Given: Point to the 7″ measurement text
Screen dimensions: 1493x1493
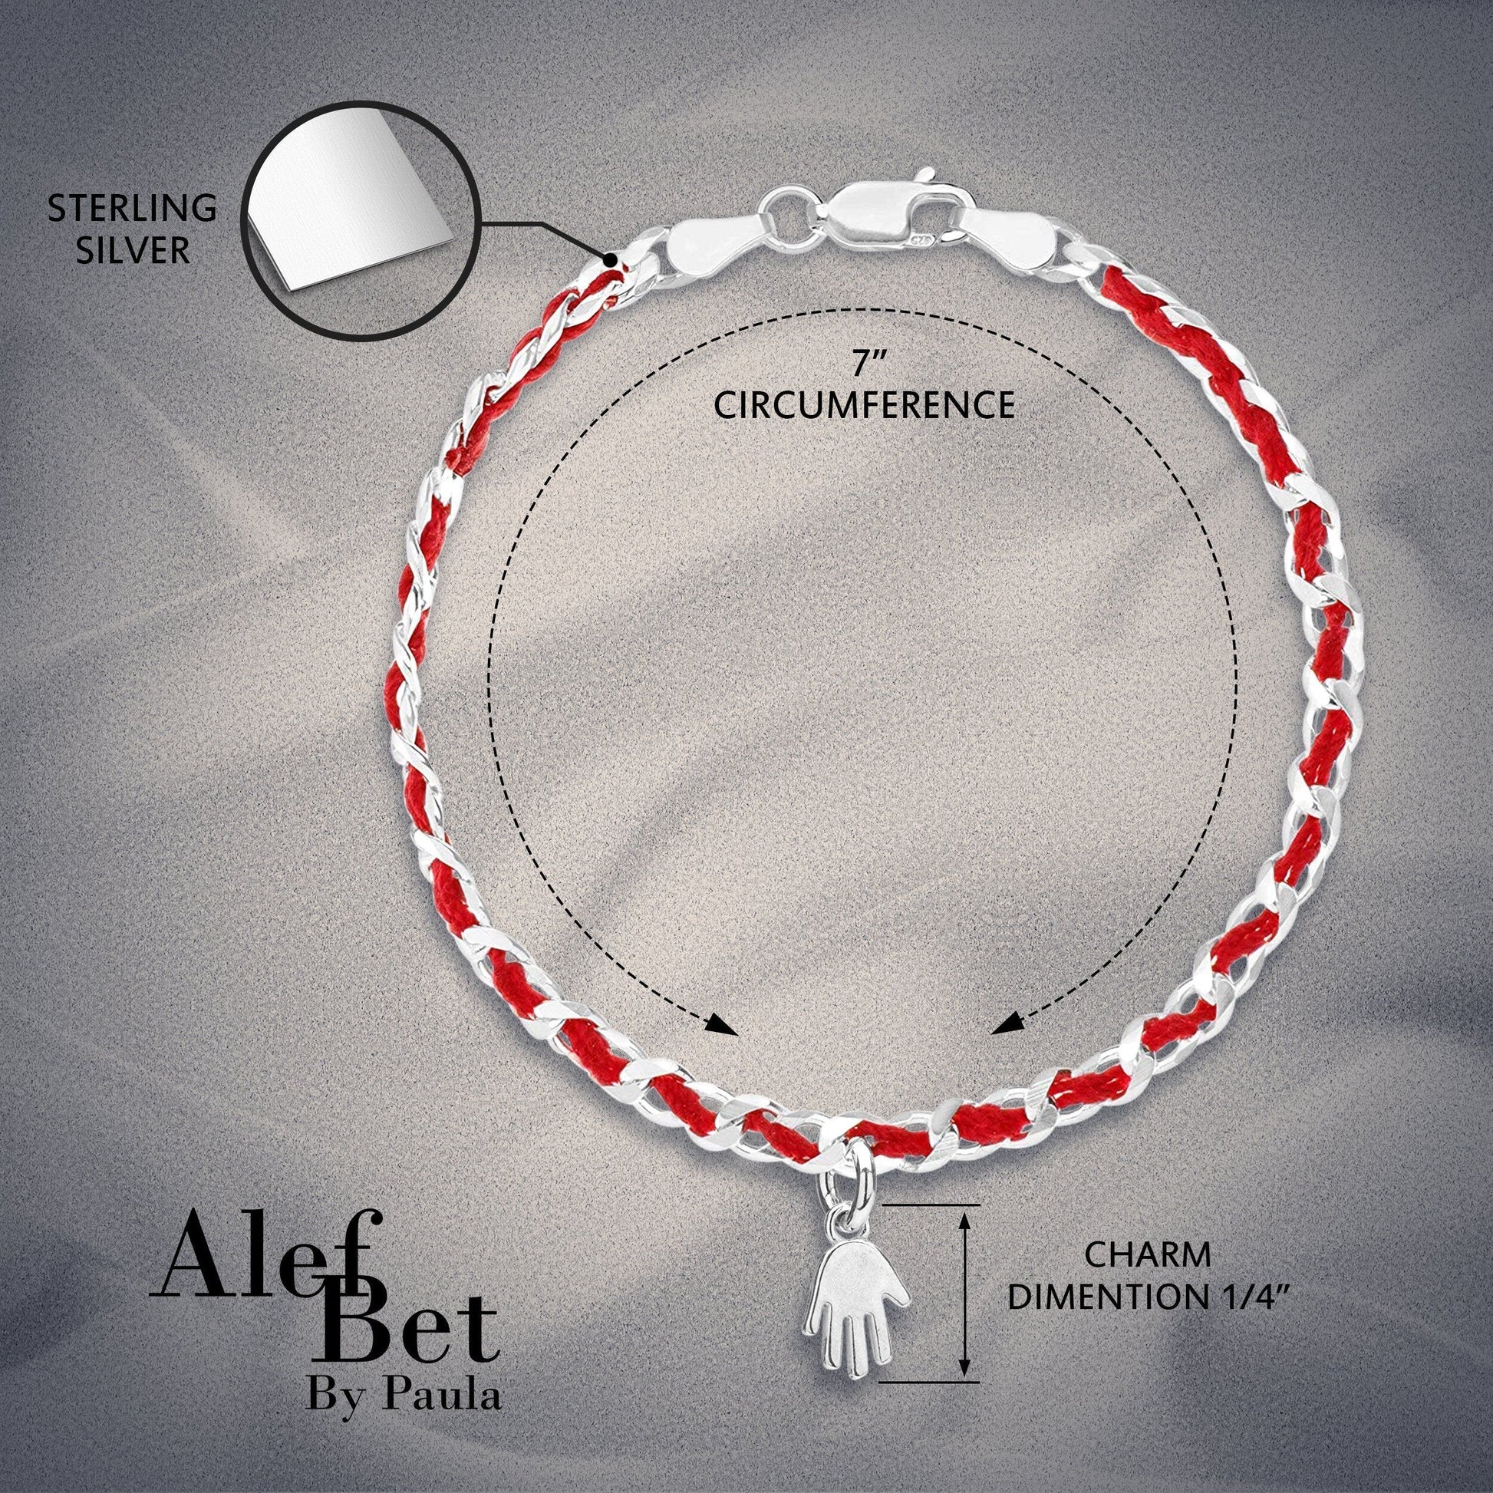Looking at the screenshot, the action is (x=863, y=364).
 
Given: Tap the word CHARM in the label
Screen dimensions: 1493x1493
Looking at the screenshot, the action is (x=1148, y=1256).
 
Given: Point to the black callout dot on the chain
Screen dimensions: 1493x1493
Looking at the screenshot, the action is (x=611, y=259).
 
